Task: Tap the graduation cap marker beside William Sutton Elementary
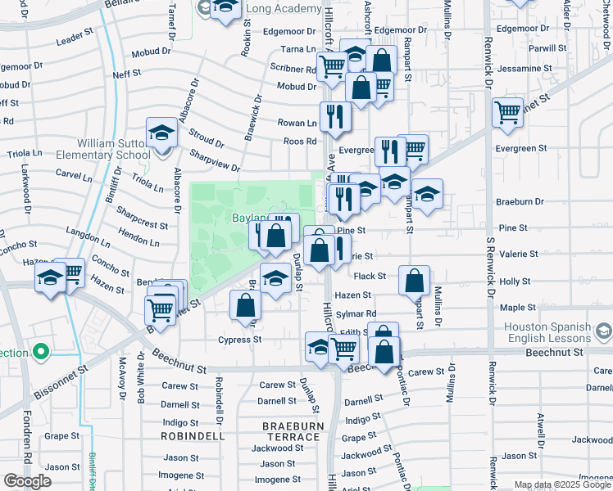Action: (161, 133)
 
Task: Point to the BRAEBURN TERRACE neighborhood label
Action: (291, 432)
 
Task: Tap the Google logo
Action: (27, 481)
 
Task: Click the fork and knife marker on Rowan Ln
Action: (335, 115)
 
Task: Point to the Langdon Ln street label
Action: (88, 238)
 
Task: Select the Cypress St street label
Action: (239, 340)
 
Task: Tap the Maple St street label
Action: (518, 307)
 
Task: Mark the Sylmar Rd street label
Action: (360, 313)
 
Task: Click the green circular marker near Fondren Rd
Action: (39, 354)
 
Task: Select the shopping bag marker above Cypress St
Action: (245, 305)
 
